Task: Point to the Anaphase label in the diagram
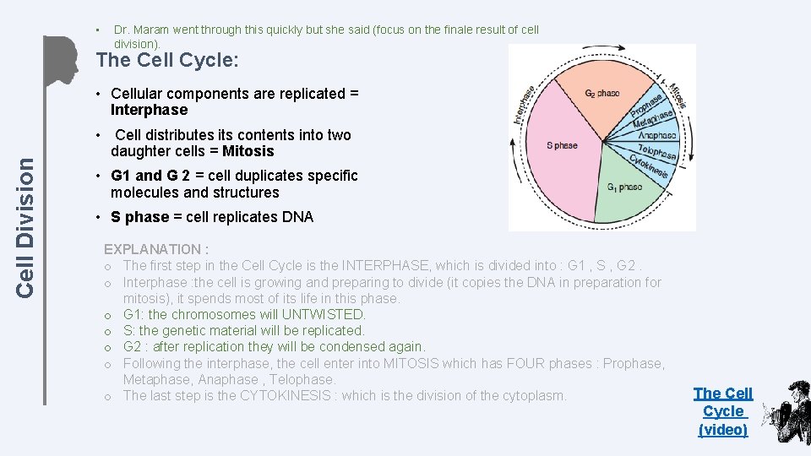[656, 135]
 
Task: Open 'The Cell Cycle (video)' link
[723, 411]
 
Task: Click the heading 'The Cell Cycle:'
[168, 61]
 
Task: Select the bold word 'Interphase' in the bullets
[149, 110]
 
